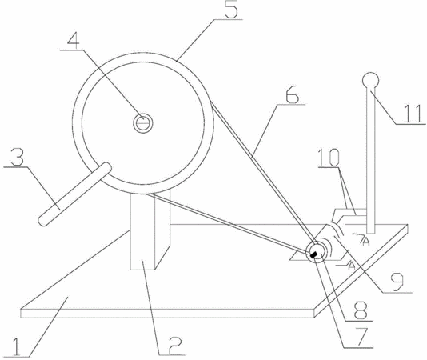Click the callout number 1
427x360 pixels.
click(x=16, y=346)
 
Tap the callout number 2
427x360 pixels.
click(x=174, y=346)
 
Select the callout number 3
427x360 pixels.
click(x=18, y=157)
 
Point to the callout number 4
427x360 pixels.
click(x=74, y=42)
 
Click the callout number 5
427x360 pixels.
click(x=231, y=10)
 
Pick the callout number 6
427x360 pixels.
click(x=293, y=95)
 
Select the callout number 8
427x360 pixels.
click(x=361, y=310)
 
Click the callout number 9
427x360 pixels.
click(x=397, y=282)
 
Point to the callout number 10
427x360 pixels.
click(x=329, y=158)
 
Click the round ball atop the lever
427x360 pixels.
click(x=370, y=80)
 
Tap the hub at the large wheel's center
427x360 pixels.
click(x=142, y=123)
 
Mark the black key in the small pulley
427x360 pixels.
click(x=313, y=254)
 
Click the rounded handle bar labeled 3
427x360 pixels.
click(x=74, y=194)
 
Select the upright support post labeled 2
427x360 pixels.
click(x=142, y=232)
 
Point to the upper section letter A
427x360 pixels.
click(x=366, y=242)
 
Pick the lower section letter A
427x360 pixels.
click(x=352, y=266)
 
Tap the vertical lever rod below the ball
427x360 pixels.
click(x=370, y=161)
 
